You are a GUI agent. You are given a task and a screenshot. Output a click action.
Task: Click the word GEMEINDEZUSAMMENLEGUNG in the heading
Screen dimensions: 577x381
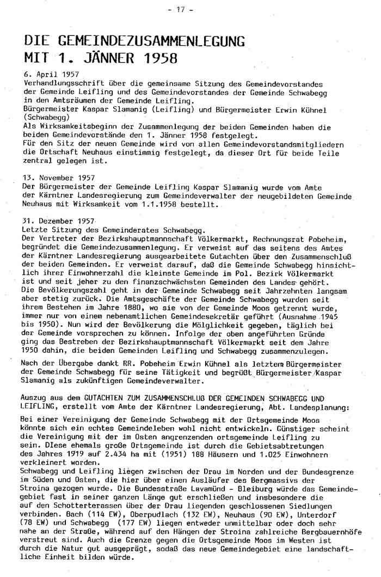tap(146, 41)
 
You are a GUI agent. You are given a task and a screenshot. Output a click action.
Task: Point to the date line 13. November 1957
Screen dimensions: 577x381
tap(59, 178)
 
